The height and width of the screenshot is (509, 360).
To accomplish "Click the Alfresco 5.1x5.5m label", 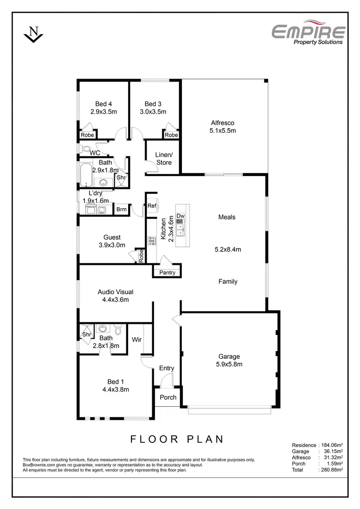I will (223, 126).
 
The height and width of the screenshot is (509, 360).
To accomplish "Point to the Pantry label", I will (167, 273).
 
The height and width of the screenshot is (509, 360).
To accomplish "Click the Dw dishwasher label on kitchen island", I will (180, 216).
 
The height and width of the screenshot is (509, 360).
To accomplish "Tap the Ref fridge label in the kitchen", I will (152, 206).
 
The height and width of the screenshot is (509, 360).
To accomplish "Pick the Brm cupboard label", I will (121, 210).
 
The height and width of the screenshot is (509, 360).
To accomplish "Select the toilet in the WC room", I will (84, 149).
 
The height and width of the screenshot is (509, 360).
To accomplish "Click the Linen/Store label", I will (163, 158).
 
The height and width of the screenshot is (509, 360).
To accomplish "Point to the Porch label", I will (168, 397).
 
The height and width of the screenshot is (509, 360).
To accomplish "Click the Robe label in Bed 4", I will (87, 135).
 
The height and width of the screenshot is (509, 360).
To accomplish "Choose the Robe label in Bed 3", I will (171, 135).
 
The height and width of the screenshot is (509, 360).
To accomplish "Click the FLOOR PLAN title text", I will (177, 438).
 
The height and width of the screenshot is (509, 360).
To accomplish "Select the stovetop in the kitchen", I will (152, 241).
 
